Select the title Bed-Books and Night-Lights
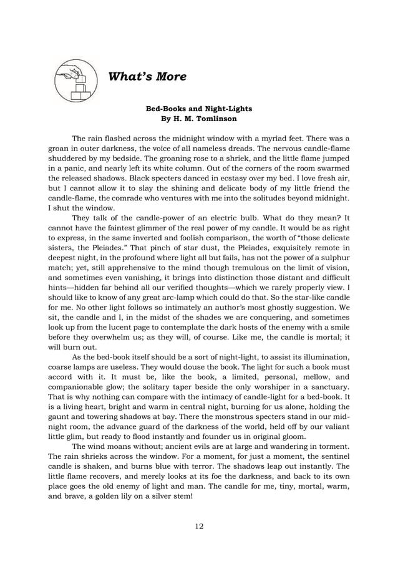pos(198,108)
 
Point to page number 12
pos(198,526)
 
